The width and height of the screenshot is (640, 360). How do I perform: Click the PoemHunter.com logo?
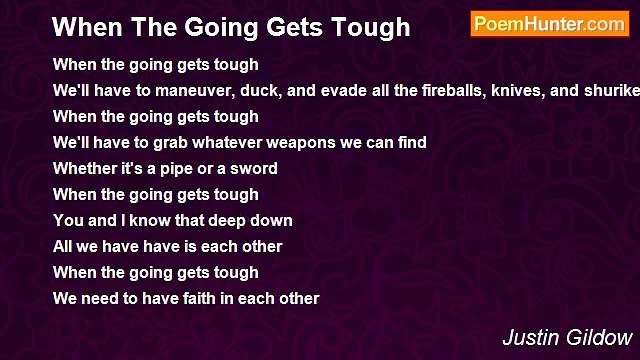[549, 24]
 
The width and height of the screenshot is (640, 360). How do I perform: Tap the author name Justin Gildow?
[568, 337]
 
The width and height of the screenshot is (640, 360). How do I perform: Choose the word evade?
[321, 91]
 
